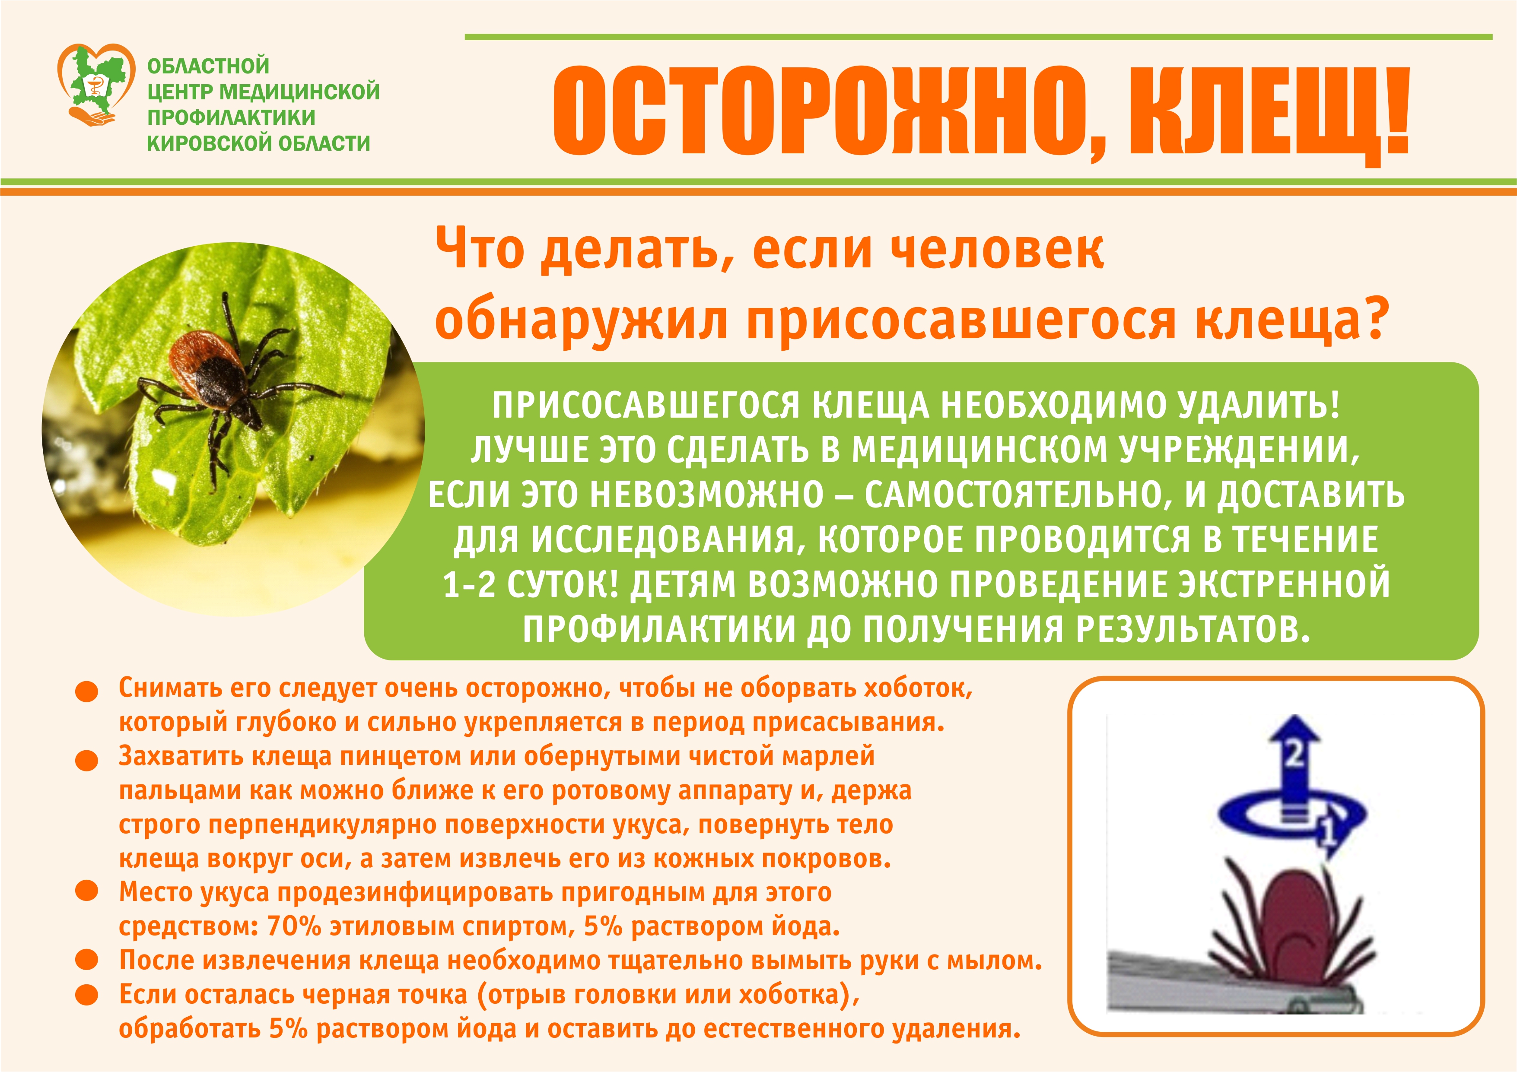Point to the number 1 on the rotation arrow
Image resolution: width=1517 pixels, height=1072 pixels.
click(1328, 834)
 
